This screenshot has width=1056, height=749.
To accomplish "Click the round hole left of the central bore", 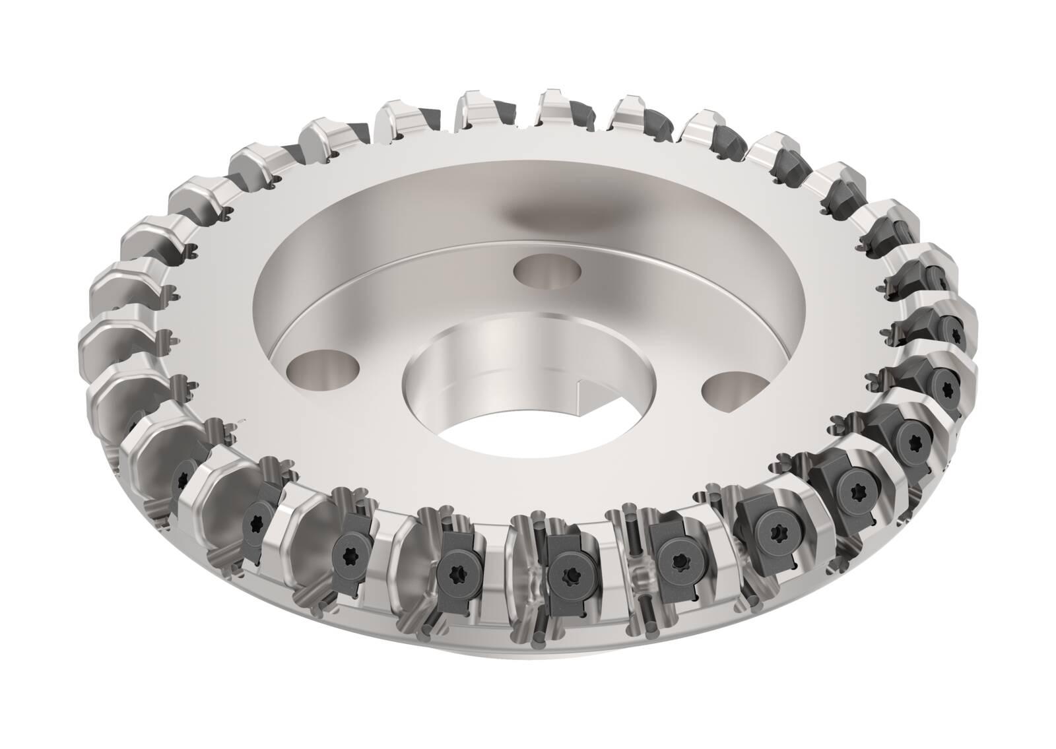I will click(323, 364).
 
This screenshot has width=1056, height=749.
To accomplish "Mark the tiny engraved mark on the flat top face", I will click(242, 420).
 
